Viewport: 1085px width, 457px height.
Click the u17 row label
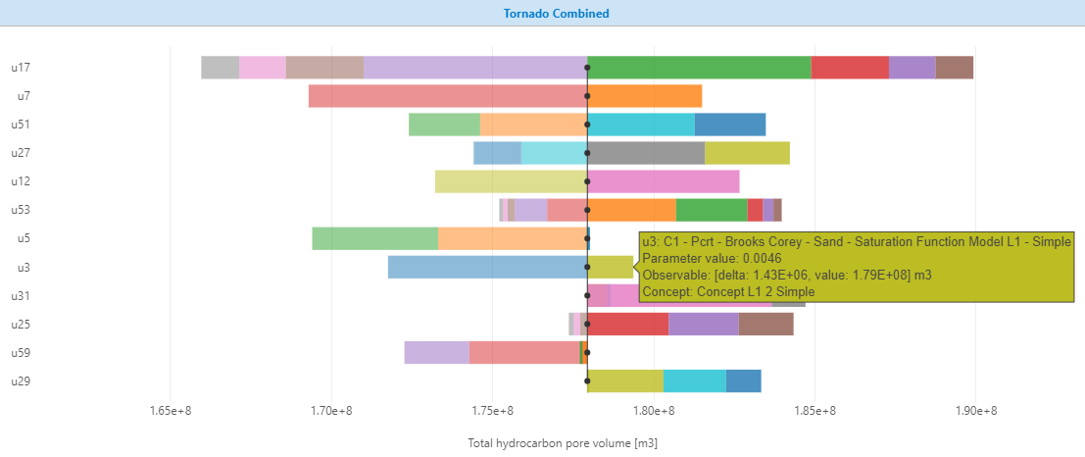pyautogui.click(x=21, y=68)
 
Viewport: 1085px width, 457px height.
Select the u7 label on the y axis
pyautogui.click(x=24, y=96)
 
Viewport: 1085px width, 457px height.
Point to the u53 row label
pyautogui.click(x=21, y=210)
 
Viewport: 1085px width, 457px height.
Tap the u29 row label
pyautogui.click(x=21, y=381)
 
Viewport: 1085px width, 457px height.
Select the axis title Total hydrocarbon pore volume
pyautogui.click(x=563, y=443)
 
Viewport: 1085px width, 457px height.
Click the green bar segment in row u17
pyautogui.click(x=699, y=68)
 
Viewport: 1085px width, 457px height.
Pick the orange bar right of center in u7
pyautogui.click(x=645, y=96)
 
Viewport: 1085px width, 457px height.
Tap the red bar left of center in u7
pyautogui.click(x=447, y=96)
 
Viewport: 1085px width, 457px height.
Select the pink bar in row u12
pyautogui.click(x=664, y=181)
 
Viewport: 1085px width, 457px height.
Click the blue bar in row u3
pyautogui.click(x=487, y=267)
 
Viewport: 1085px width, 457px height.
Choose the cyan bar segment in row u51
pyautogui.click(x=642, y=125)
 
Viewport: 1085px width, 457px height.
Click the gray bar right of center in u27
pyautogui.click(x=646, y=153)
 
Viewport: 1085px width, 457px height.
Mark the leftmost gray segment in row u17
pyautogui.click(x=220, y=68)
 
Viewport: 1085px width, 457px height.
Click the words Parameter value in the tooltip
pyautogui.click(x=675, y=258)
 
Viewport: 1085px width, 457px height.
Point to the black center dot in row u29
pyautogui.click(x=587, y=381)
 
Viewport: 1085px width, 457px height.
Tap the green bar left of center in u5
pyautogui.click(x=374, y=238)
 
